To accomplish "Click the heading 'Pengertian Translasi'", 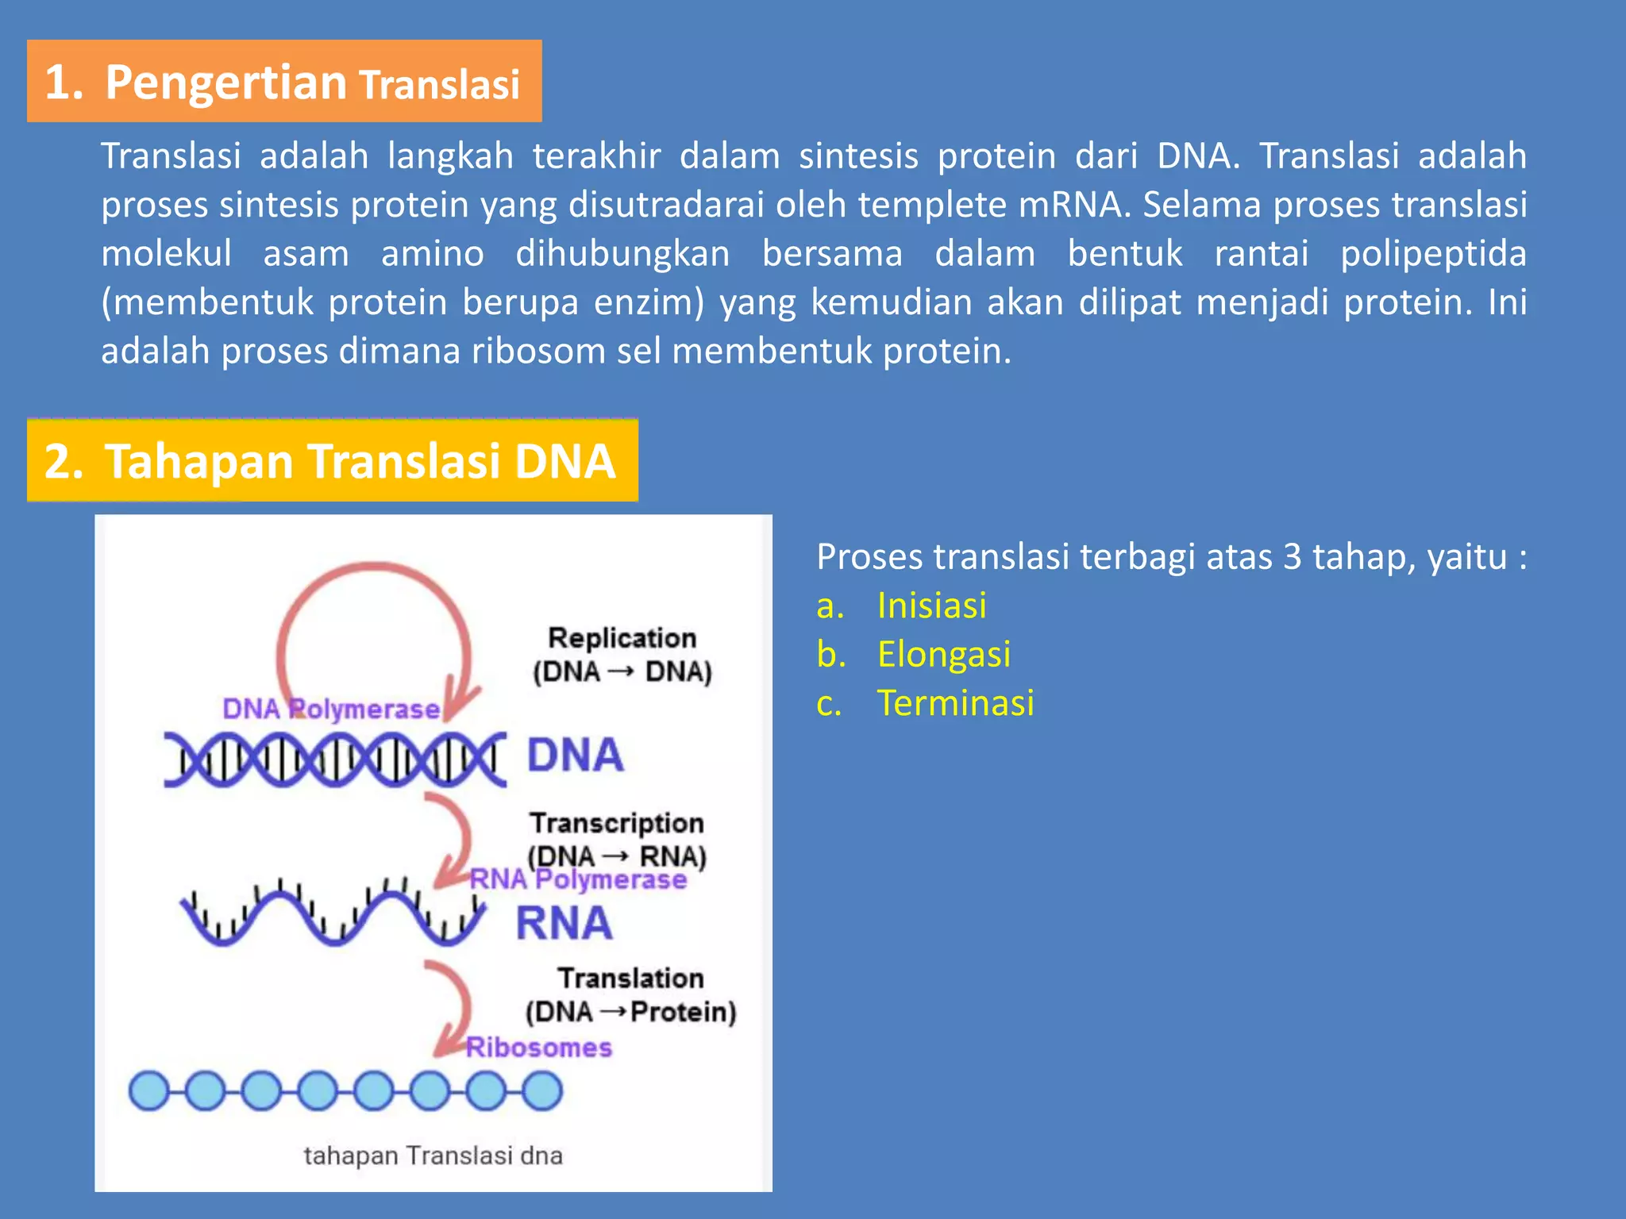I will click(283, 82).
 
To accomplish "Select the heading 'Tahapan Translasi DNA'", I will click(331, 461).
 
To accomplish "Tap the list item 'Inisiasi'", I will click(931, 606).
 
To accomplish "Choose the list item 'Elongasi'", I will click(943, 655).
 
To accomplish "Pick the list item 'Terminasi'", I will click(955, 703).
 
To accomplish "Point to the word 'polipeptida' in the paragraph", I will click(1433, 254).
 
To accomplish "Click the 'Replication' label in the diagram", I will click(622, 638).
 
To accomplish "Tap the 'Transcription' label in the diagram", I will click(617, 823).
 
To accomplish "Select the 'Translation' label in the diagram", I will click(630, 978).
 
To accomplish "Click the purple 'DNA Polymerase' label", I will click(330, 709).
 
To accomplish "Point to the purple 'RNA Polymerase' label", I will click(578, 879).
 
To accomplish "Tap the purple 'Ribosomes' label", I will click(538, 1048).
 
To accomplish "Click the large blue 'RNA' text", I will click(564, 924).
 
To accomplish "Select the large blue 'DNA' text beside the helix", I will click(576, 755).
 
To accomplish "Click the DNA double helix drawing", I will click(334, 759).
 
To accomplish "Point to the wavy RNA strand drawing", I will click(332, 916).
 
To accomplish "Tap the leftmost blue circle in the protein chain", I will click(148, 1090).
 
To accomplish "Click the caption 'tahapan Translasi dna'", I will click(433, 1156).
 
